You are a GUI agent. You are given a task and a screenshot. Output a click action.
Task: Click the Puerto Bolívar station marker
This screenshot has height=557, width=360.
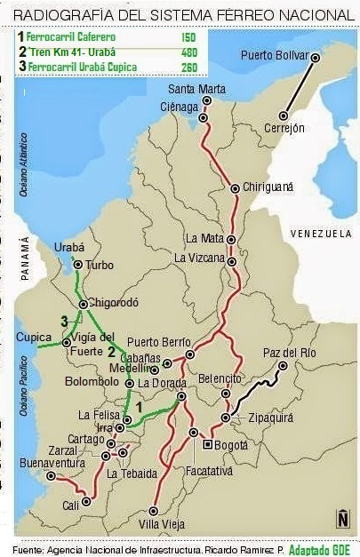coord(315,56)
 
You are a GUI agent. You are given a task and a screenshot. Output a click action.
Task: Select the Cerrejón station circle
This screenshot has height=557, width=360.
coord(284,115)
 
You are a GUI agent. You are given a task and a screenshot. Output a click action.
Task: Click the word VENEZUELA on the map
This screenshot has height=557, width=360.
coord(321,233)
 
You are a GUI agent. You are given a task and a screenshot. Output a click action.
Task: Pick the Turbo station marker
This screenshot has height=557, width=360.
coord(78,265)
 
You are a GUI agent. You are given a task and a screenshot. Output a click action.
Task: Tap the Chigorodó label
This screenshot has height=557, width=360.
coord(116,302)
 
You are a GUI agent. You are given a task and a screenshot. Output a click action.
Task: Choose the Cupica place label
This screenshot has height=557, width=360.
coord(35,338)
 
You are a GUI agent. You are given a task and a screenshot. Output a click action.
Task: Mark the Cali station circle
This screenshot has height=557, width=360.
coord(86,502)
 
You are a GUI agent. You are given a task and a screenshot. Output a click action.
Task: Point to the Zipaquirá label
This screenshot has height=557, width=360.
coord(268,416)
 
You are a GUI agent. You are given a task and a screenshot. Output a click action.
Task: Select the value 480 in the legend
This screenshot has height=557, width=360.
coord(188,52)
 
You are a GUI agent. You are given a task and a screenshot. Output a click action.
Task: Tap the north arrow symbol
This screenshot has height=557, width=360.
coord(342,517)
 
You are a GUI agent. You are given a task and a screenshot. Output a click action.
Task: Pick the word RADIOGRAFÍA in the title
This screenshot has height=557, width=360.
coord(68,16)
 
